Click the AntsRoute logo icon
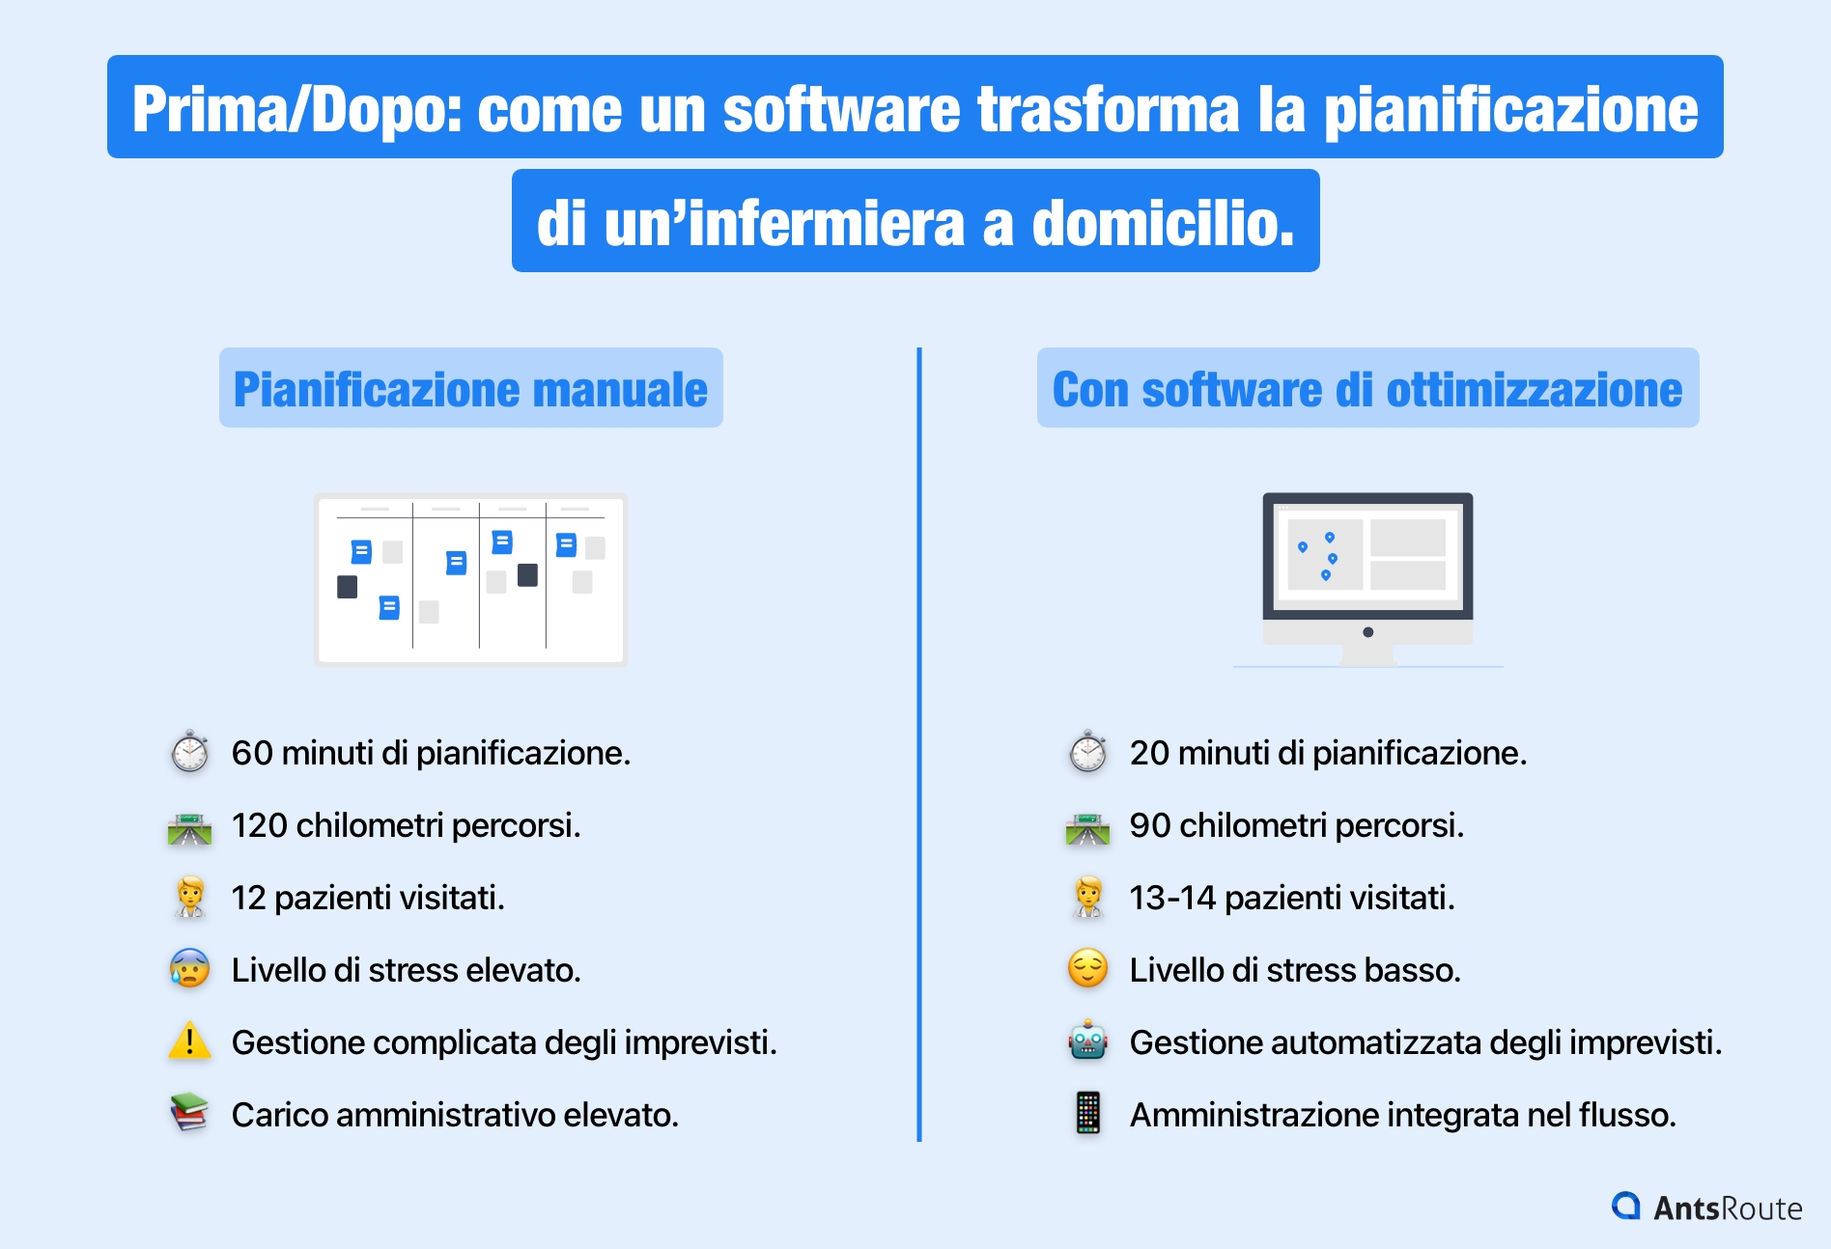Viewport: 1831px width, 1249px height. pos(1626,1206)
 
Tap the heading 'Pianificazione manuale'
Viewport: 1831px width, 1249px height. pos(470,389)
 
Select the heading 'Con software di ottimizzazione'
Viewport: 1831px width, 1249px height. pos(1367,389)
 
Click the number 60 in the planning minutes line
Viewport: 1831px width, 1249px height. pos(252,753)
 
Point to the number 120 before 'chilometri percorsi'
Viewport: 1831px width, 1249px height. pos(259,825)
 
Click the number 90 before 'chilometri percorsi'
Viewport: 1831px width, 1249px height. pos(1149,825)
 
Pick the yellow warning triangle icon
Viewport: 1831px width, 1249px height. pos(189,1041)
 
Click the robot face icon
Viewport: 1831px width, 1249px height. pos(1087,1041)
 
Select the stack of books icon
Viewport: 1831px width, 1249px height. pos(189,1113)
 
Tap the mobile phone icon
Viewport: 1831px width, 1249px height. pos(1087,1113)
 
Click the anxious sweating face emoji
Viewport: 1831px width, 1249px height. pos(189,968)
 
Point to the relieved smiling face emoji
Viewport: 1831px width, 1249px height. pos(1087,968)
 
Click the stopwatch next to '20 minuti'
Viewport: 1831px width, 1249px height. pos(1087,752)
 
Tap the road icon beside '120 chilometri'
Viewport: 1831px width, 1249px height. pos(189,828)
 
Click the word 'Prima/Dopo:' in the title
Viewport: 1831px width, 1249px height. pos(297,108)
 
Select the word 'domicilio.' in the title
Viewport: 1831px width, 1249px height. pos(1163,223)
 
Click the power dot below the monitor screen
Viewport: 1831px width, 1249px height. pos(1367,632)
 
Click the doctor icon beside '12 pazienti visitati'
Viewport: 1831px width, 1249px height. pos(190,897)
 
